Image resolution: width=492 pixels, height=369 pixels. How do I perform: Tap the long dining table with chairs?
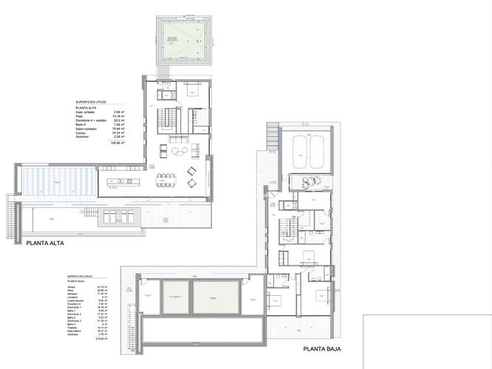(165, 181)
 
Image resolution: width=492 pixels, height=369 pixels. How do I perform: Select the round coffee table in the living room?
(177, 152)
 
